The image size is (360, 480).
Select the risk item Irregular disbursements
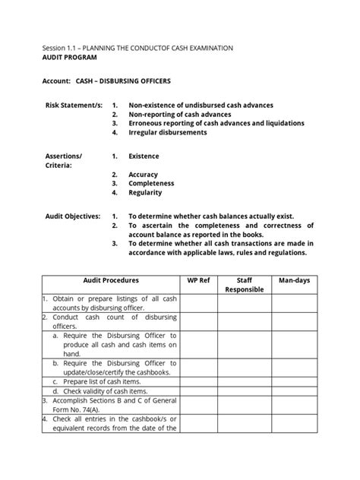click(167, 131)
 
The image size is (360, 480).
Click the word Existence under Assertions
click(144, 156)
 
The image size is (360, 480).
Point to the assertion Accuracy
click(144, 174)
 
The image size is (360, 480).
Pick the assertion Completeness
click(151, 183)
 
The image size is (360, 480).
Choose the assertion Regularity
click(145, 193)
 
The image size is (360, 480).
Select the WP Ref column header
click(198, 281)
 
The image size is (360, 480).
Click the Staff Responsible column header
click(245, 285)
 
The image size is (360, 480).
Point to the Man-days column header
click(293, 281)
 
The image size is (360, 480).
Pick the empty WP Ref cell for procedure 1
click(198, 305)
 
